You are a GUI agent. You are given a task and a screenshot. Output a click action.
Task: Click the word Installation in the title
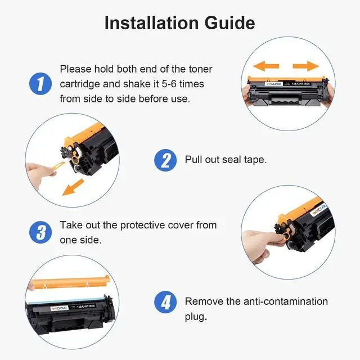(151, 23)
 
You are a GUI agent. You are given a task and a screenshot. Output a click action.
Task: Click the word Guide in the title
(230, 23)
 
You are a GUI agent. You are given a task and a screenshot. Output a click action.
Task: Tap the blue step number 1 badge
(40, 84)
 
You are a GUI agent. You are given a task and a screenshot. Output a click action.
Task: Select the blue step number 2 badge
(165, 160)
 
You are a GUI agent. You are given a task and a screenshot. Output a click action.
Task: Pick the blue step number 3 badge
(40, 232)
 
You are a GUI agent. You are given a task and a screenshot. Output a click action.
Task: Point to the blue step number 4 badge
(165, 302)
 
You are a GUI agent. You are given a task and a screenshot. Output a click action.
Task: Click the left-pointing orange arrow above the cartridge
(266, 66)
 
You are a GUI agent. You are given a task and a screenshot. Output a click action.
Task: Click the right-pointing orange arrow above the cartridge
(306, 66)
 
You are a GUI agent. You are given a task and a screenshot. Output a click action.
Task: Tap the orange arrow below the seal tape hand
(73, 187)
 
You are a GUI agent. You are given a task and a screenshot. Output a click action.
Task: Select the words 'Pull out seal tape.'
(226, 160)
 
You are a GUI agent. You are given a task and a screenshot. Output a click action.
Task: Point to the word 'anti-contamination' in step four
(286, 301)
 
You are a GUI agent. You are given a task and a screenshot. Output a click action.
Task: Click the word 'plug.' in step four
(196, 317)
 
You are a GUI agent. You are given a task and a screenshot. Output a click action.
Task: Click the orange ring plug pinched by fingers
(286, 236)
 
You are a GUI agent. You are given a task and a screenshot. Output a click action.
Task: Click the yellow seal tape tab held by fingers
(58, 165)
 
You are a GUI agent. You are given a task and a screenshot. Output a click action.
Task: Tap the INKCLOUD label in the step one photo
(274, 84)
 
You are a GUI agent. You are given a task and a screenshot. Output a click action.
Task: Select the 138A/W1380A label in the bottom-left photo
(85, 306)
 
